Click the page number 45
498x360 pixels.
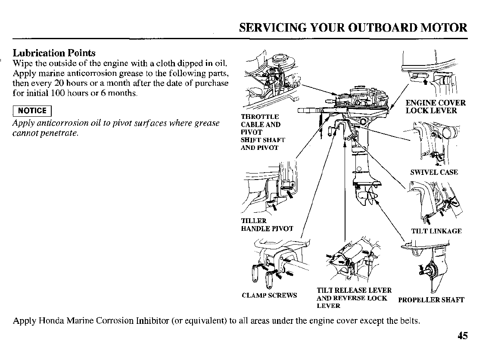point(462,336)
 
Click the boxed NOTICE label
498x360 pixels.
point(32,111)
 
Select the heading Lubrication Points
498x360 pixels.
point(54,53)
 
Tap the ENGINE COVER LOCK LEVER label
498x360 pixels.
point(436,107)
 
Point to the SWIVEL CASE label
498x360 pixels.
point(434,172)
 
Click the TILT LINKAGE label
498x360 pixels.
point(436,231)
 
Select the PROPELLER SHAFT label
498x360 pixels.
point(431,300)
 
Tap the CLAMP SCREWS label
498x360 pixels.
point(269,295)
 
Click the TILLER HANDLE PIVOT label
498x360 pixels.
point(267,225)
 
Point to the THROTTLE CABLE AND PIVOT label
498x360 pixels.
point(260,124)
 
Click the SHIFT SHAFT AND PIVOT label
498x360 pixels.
point(262,144)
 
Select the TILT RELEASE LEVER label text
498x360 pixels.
point(354,291)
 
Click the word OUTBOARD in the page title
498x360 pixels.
point(389,28)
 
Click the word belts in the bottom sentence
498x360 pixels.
point(409,321)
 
